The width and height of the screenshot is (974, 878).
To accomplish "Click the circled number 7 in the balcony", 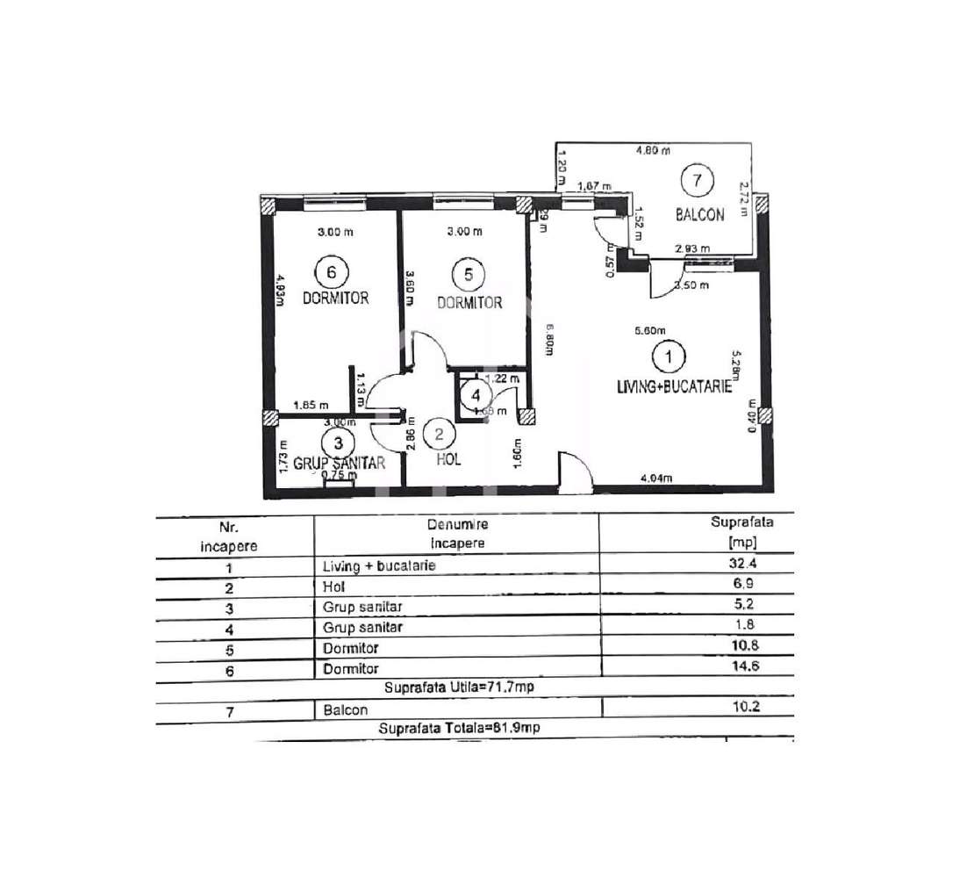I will click(697, 182).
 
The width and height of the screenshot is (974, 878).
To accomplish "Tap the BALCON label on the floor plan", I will click(699, 214).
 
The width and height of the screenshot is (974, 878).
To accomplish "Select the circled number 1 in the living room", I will click(670, 357).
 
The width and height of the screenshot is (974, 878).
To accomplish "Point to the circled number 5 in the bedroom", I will click(468, 275).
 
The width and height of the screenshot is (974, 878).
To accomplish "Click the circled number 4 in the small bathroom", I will click(475, 395).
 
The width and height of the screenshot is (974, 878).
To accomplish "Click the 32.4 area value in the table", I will click(741, 565).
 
